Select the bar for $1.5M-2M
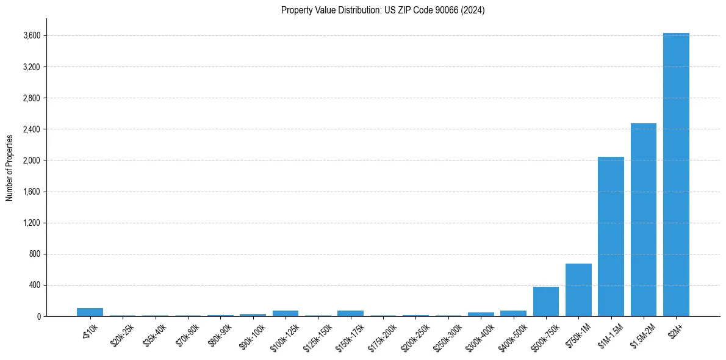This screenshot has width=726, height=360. click(x=644, y=220)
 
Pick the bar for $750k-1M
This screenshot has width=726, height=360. click(x=578, y=290)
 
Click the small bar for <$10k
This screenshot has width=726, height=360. click(x=90, y=312)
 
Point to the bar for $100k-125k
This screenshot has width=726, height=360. click(x=286, y=313)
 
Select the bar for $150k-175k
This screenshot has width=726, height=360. click(x=350, y=313)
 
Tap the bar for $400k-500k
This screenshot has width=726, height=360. click(x=513, y=313)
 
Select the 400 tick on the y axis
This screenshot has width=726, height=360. click(x=34, y=285)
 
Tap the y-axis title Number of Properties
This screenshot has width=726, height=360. click(x=10, y=167)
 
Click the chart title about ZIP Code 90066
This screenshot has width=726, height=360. click(x=383, y=10)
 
